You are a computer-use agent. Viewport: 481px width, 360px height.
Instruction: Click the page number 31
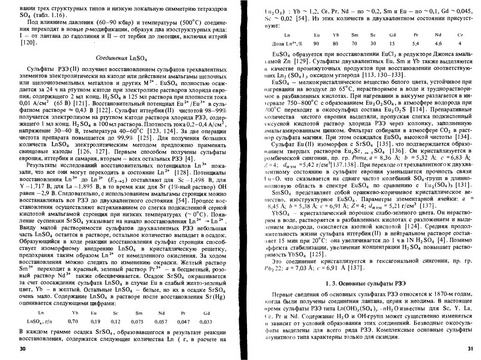[471, 348]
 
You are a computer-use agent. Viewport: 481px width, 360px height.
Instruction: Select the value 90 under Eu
[316, 43]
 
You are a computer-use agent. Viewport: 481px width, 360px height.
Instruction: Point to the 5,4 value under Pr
[416, 43]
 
